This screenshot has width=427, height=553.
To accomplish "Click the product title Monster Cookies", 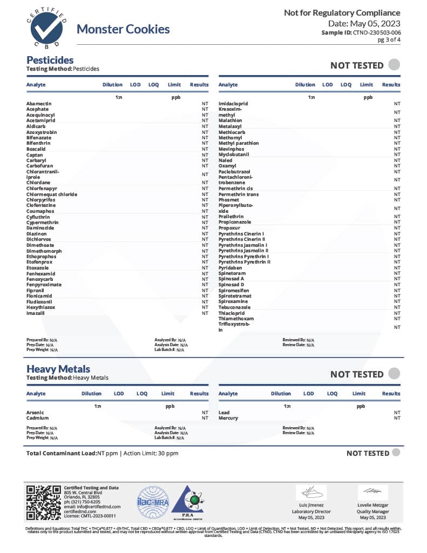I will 123,29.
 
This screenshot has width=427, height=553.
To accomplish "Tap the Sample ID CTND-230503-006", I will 361,33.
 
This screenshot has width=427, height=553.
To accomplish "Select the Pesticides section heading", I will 50,60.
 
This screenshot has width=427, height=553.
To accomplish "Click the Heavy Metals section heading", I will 58,369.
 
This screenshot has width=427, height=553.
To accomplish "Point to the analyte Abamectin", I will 39,103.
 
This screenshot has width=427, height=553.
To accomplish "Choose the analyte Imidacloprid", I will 233,103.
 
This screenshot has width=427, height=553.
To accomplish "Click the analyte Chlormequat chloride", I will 51,194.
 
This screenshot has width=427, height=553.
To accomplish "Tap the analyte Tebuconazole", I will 234,307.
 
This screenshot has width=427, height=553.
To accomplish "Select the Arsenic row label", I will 35,413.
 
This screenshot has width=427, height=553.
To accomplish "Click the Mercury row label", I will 228,418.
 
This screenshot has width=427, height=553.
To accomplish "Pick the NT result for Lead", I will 397,413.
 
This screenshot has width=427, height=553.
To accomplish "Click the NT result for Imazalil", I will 205,313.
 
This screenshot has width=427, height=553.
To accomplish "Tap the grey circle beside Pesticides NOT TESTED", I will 394,65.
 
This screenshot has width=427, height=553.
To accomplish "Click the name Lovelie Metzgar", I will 372,505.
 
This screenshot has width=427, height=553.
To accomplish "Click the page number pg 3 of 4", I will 389,40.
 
